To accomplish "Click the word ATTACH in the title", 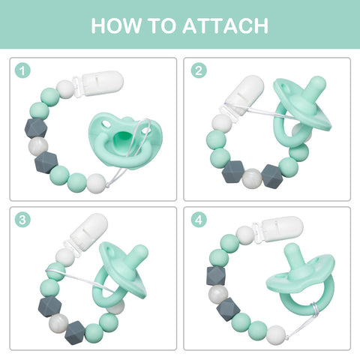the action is [226, 25].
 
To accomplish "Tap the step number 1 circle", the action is [22, 70].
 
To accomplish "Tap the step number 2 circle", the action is [199, 70].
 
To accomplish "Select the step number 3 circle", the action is [22, 220].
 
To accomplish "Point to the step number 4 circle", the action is [199, 220].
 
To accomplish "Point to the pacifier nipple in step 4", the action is [295, 256].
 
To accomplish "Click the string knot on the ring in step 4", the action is [314, 308].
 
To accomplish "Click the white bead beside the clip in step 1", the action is [65, 89].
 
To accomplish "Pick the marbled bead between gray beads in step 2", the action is [253, 178].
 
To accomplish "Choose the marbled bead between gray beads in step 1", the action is [38, 146].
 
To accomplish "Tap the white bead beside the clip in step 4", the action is [245, 235].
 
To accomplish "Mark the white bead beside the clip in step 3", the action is [65, 257].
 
